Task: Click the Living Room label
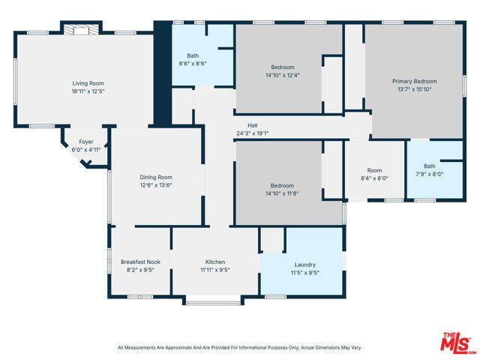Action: pos(88,83)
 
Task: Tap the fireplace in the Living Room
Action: pos(81,30)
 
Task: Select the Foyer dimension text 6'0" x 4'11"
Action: pos(86,150)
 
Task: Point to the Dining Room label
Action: pos(156,177)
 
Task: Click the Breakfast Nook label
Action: pos(140,262)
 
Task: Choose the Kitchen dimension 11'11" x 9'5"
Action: pos(215,270)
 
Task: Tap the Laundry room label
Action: pos(305,265)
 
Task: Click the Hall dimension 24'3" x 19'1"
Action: pos(253,133)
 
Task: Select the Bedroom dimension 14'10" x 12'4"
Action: pos(283,75)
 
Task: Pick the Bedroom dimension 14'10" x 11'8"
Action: pos(282,193)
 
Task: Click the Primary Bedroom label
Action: pos(415,82)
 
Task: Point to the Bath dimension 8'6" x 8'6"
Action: pos(193,64)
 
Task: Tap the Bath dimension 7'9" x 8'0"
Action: pos(430,174)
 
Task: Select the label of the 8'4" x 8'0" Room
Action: pos(374,170)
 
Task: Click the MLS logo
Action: pos(458,343)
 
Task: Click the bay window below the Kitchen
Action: pos(213,303)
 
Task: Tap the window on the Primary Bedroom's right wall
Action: pos(464,87)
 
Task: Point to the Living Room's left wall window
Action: pos(15,81)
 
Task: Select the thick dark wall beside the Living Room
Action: pos(163,73)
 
